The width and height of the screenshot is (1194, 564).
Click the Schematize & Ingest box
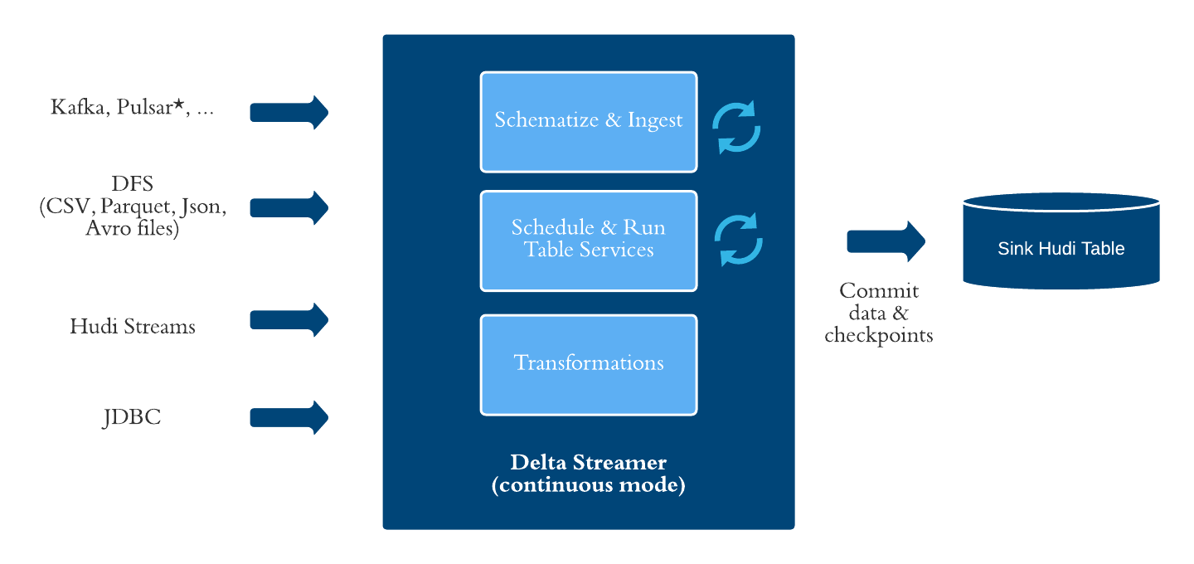coord(589,122)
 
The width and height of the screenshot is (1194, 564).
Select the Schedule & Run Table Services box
coord(589,241)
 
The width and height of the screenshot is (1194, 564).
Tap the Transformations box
coord(589,364)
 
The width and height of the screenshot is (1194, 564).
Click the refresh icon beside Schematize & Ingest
coord(736,128)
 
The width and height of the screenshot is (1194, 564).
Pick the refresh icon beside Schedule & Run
coord(738,241)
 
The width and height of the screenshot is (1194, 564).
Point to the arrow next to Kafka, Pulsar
coord(289,112)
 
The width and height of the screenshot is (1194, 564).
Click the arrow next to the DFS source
coord(289,207)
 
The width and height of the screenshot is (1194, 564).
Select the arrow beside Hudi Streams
coord(289,319)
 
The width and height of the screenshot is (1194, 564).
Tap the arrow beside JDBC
coord(289,416)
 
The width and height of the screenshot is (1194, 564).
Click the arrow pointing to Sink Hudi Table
coord(886,241)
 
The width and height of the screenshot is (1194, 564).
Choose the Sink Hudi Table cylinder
coord(1061,241)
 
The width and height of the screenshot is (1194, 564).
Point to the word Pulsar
coord(149,107)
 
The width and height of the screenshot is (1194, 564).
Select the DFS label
coord(133,182)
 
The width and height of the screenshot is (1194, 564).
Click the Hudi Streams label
coord(133,326)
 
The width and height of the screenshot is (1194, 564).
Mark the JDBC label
coord(132,417)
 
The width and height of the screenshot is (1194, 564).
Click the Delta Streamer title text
coord(588,462)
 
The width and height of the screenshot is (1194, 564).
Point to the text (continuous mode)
coord(588,485)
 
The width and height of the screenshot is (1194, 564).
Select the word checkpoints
coord(879,335)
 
